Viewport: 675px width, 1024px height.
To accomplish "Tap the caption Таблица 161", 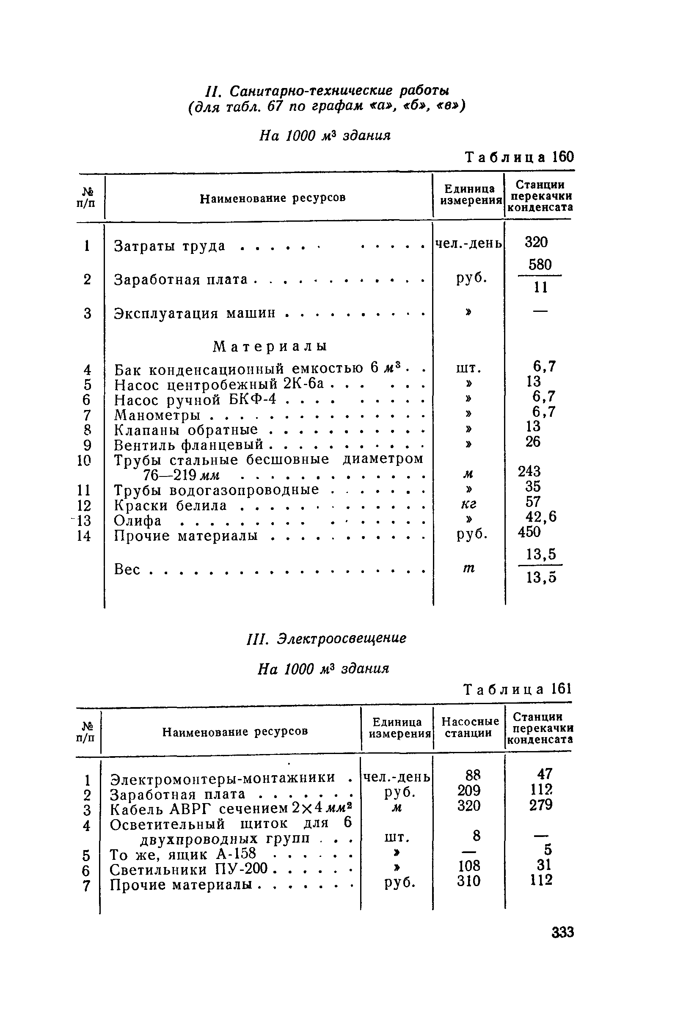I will coord(518,690).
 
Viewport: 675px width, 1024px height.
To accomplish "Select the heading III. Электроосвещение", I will coord(326,639).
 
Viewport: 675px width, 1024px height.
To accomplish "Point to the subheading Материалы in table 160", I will coord(270,346).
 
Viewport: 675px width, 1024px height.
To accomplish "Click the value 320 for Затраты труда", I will coord(536,242).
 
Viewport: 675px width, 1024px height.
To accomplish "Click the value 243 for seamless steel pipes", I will coord(529,472).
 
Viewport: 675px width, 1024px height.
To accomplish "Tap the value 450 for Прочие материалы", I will coord(529,532).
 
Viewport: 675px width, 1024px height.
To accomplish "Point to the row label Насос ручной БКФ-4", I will coord(195,400).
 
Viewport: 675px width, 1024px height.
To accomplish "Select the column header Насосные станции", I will coord(470,727).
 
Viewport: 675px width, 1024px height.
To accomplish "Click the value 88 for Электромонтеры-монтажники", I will coord(472,775).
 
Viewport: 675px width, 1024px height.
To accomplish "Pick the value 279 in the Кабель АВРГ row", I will coord(541,805).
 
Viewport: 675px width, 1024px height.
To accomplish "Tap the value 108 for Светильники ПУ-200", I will coord(468,866).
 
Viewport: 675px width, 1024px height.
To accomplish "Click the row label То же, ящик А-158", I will coord(183,853).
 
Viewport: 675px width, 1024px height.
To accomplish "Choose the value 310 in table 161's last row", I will coord(468,881).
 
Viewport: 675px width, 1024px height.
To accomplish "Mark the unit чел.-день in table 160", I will coord(468,244).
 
